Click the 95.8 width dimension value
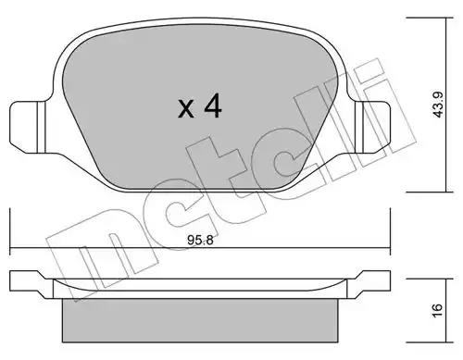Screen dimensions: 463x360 (200, 240)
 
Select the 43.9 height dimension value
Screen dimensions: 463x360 (438, 105)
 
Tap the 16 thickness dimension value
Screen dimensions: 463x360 (438, 310)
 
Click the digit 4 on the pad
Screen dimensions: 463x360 (213, 106)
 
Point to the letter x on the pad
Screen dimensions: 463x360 (186, 108)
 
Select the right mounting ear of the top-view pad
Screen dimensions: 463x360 (372, 127)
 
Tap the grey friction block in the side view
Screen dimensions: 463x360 (200, 320)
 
